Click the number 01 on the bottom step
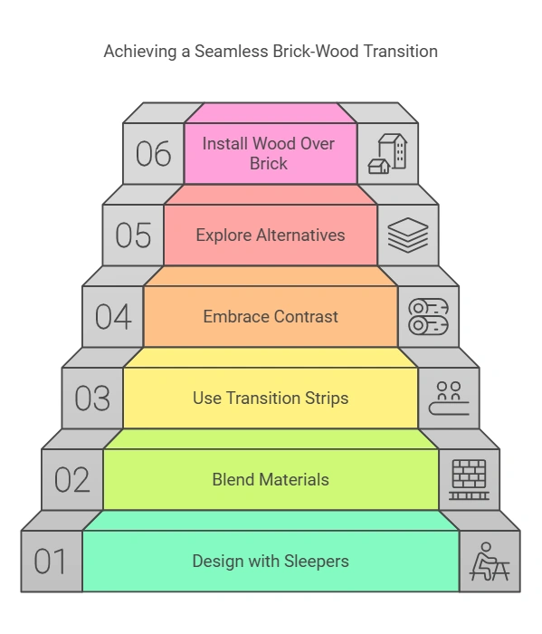[51, 562]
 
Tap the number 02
[71, 480]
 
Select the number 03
[92, 399]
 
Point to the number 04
[112, 317]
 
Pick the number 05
[133, 235]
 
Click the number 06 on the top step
[153, 154]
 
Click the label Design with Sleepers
[271, 562]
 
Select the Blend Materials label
[271, 480]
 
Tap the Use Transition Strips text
[271, 399]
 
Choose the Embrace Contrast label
[271, 317]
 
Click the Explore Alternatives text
[271, 235]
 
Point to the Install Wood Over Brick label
[269, 154]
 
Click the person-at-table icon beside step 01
[490, 562]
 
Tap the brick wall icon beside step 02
[469, 480]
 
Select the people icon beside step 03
[449, 399]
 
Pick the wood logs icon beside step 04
[428, 317]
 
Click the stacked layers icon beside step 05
[407, 235]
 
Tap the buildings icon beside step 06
[387, 154]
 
